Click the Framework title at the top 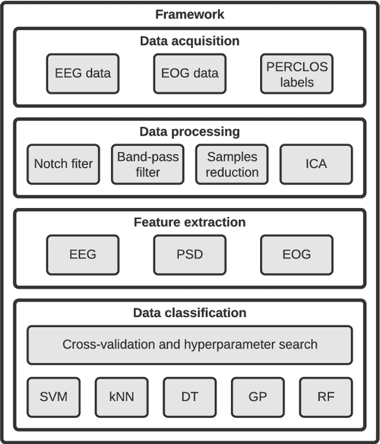190,14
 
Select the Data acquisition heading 190,41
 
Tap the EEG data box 83,74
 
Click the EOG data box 190,74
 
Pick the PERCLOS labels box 297,74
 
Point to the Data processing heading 190,132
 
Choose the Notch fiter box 64,164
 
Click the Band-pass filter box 148,164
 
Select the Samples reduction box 232,164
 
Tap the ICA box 316,164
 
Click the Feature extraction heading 190,222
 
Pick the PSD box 190,254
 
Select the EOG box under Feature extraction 297,254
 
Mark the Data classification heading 190,313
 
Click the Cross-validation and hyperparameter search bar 190,344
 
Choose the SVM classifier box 54,397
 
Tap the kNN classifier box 122,397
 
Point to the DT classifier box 190,397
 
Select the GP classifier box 258,397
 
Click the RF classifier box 326,397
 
